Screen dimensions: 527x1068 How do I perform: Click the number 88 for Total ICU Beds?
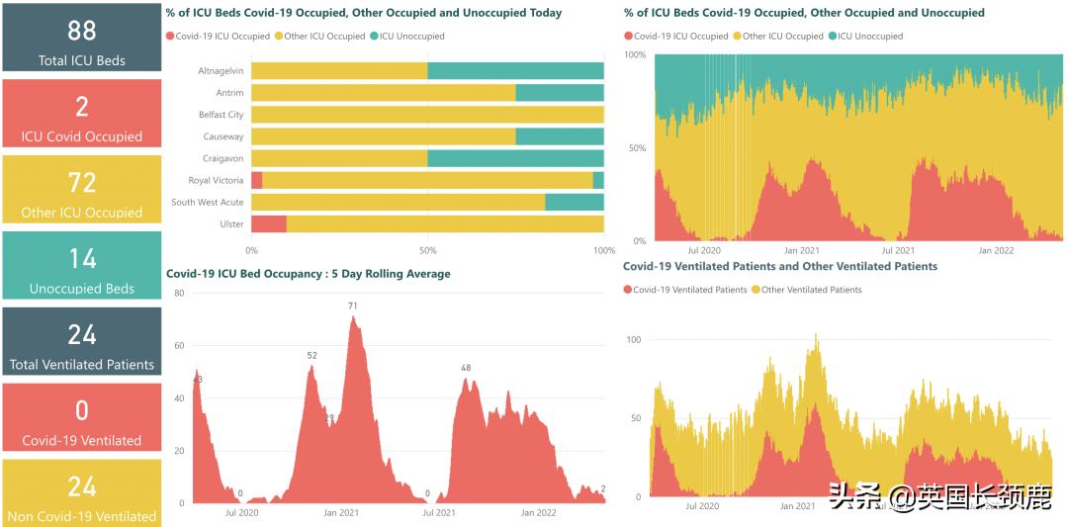[82, 31]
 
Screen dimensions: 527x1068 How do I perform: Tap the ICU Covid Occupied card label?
[82, 136]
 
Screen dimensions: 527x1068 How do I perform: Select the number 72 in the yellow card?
[82, 183]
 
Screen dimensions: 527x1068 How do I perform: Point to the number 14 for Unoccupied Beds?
[82, 259]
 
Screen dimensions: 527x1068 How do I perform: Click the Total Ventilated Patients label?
[82, 364]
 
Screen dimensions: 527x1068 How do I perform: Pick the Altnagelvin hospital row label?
[221, 71]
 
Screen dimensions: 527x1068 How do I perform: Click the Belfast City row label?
[221, 115]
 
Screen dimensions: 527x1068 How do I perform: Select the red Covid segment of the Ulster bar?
[269, 223]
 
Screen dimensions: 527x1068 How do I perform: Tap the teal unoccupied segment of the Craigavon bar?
[515, 158]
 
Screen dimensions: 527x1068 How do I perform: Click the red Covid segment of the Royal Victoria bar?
[257, 180]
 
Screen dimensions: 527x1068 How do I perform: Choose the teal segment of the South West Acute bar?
[575, 202]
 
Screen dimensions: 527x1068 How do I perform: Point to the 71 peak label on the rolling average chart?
[352, 307]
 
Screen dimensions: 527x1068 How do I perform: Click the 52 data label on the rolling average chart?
[311, 355]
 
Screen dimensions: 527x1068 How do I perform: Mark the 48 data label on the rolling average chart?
[466, 369]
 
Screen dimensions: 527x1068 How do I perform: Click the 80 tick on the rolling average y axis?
[179, 294]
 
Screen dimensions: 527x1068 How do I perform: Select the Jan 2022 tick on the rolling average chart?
[539, 513]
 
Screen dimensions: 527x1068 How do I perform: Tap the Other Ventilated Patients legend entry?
[811, 290]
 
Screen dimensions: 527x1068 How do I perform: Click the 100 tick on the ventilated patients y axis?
[634, 340]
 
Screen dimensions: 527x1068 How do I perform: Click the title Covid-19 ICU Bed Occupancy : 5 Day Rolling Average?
[308, 274]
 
